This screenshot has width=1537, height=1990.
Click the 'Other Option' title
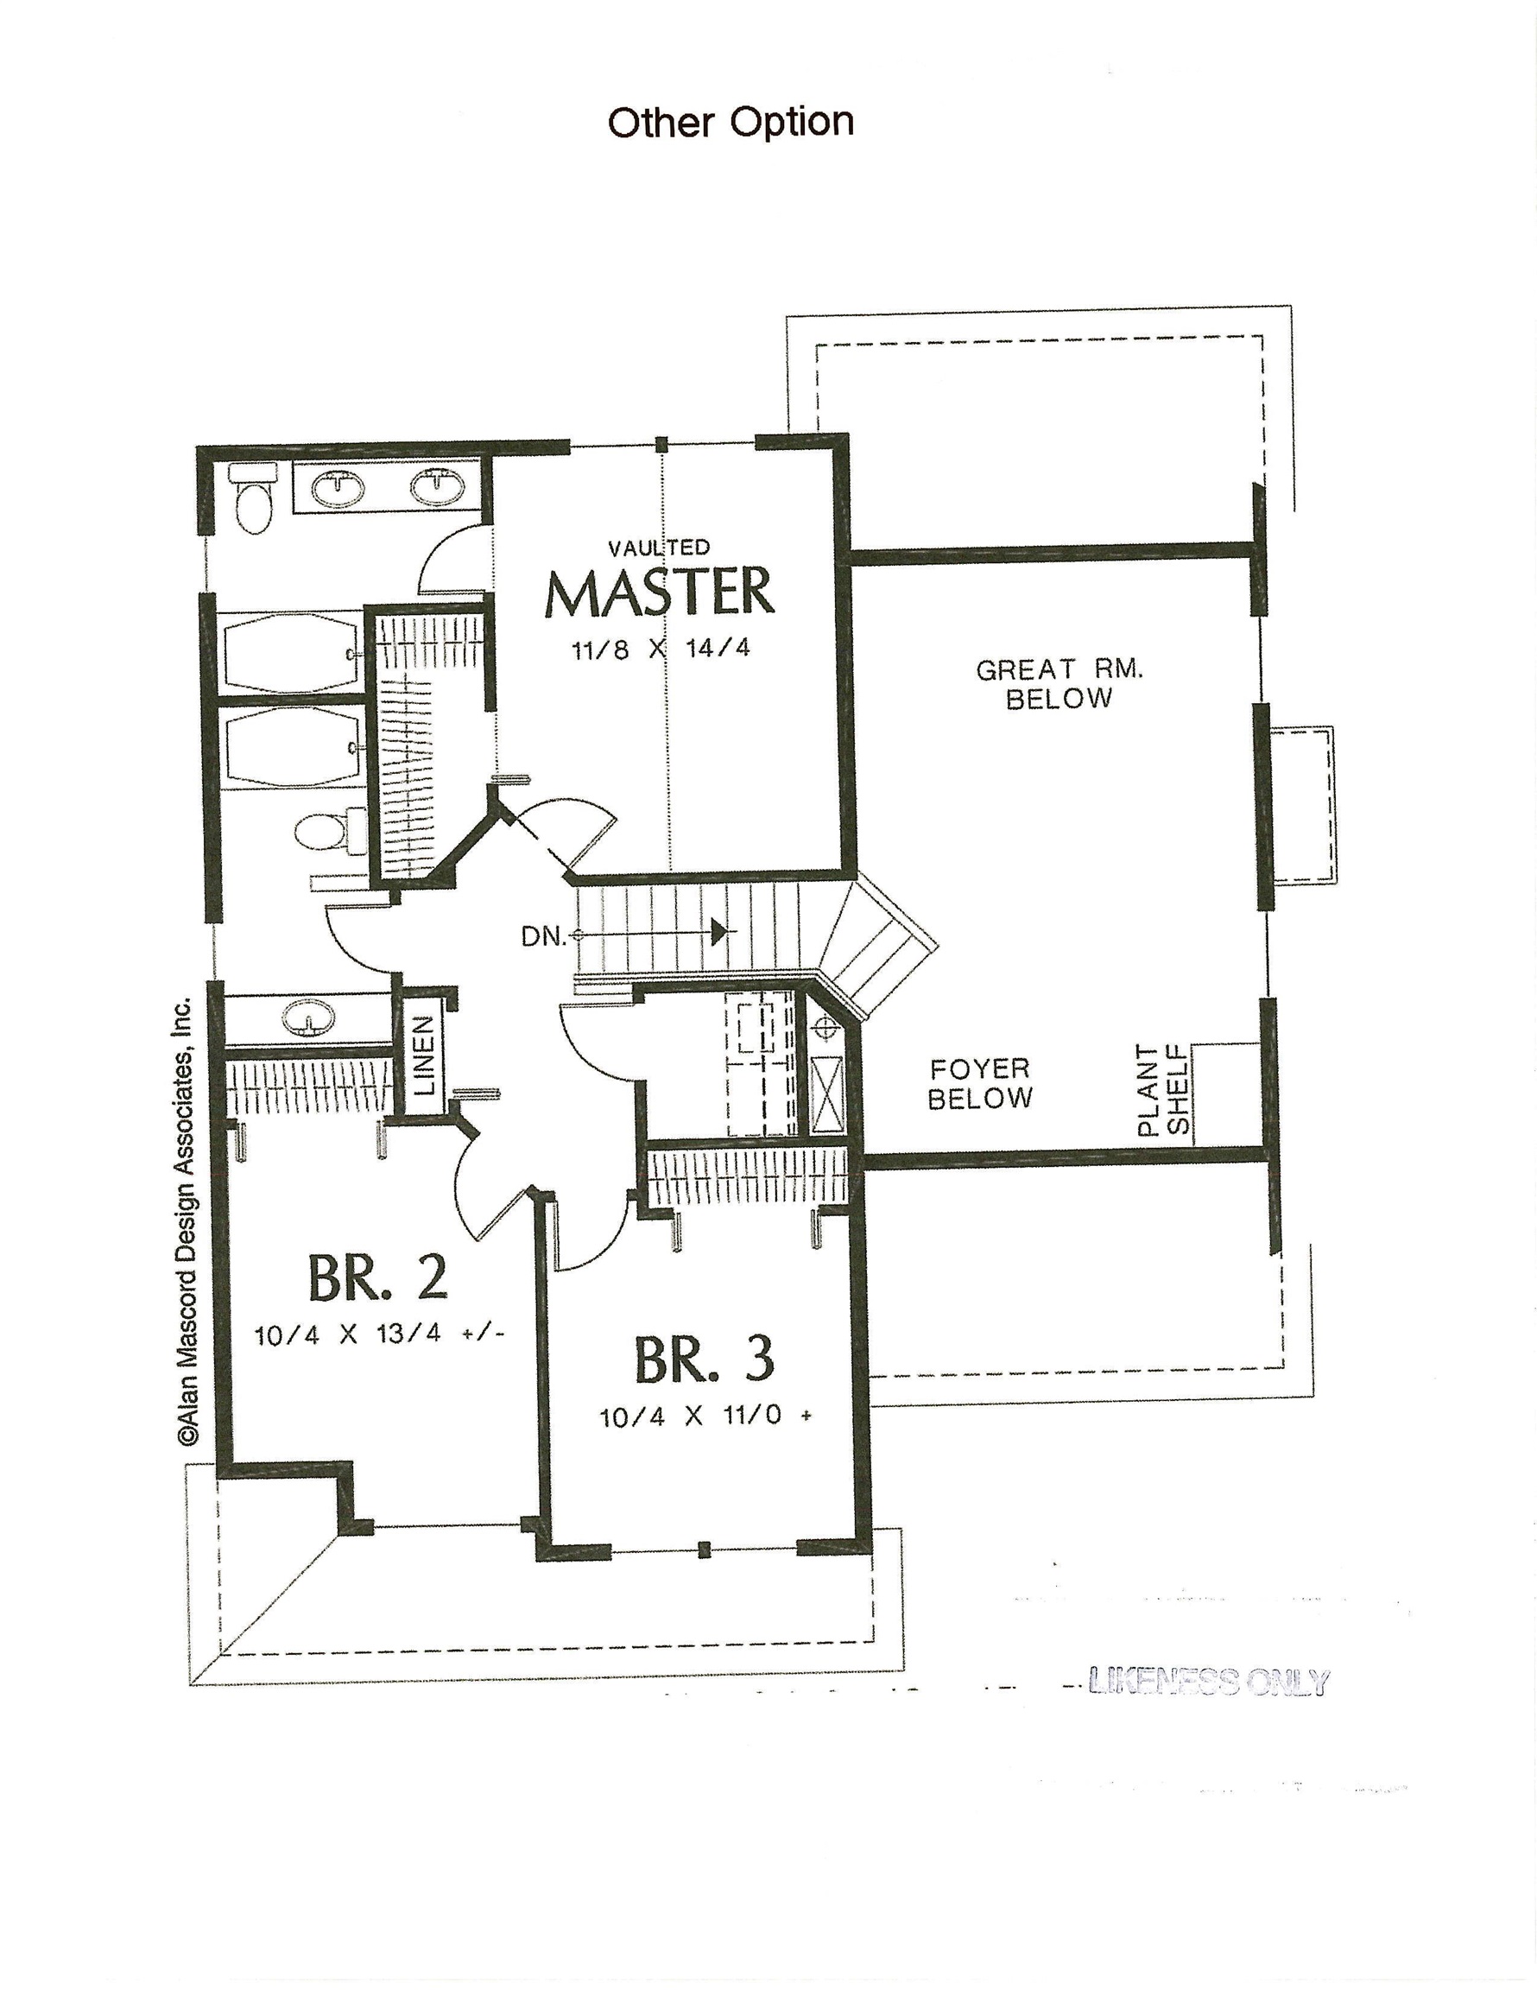coord(730,122)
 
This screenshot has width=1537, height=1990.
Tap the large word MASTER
coord(660,593)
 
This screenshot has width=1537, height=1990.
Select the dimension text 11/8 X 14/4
coord(661,650)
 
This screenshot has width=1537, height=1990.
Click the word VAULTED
coord(659,548)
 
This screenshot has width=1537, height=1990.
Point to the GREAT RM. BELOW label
coord(1059,683)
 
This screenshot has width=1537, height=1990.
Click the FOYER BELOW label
coord(979,1083)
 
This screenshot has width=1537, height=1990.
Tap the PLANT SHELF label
coord(1163,1090)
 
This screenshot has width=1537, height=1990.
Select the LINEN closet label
coord(425,1055)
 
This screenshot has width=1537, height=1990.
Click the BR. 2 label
coord(377,1277)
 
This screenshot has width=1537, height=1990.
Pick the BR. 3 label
coord(705,1359)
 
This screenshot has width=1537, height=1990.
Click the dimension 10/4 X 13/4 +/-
coord(379,1334)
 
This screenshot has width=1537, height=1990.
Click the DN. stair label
coord(543,935)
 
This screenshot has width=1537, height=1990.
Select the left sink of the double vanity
coord(338,488)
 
